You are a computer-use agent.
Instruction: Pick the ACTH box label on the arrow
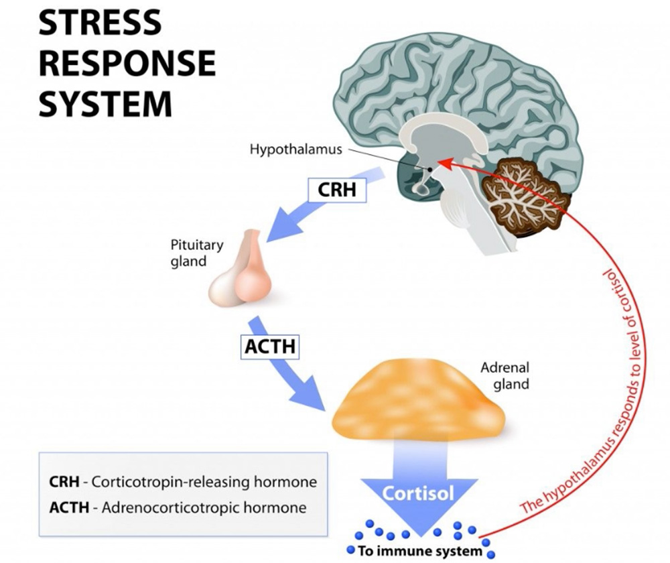(x=269, y=347)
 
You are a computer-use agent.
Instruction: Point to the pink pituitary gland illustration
(x=241, y=271)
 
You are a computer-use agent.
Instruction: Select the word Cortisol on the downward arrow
(x=418, y=494)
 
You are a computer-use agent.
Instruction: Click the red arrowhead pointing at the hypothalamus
(x=444, y=162)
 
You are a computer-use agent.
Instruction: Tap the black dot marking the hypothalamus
(x=429, y=168)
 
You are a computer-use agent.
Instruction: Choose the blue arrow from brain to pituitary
(x=295, y=214)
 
